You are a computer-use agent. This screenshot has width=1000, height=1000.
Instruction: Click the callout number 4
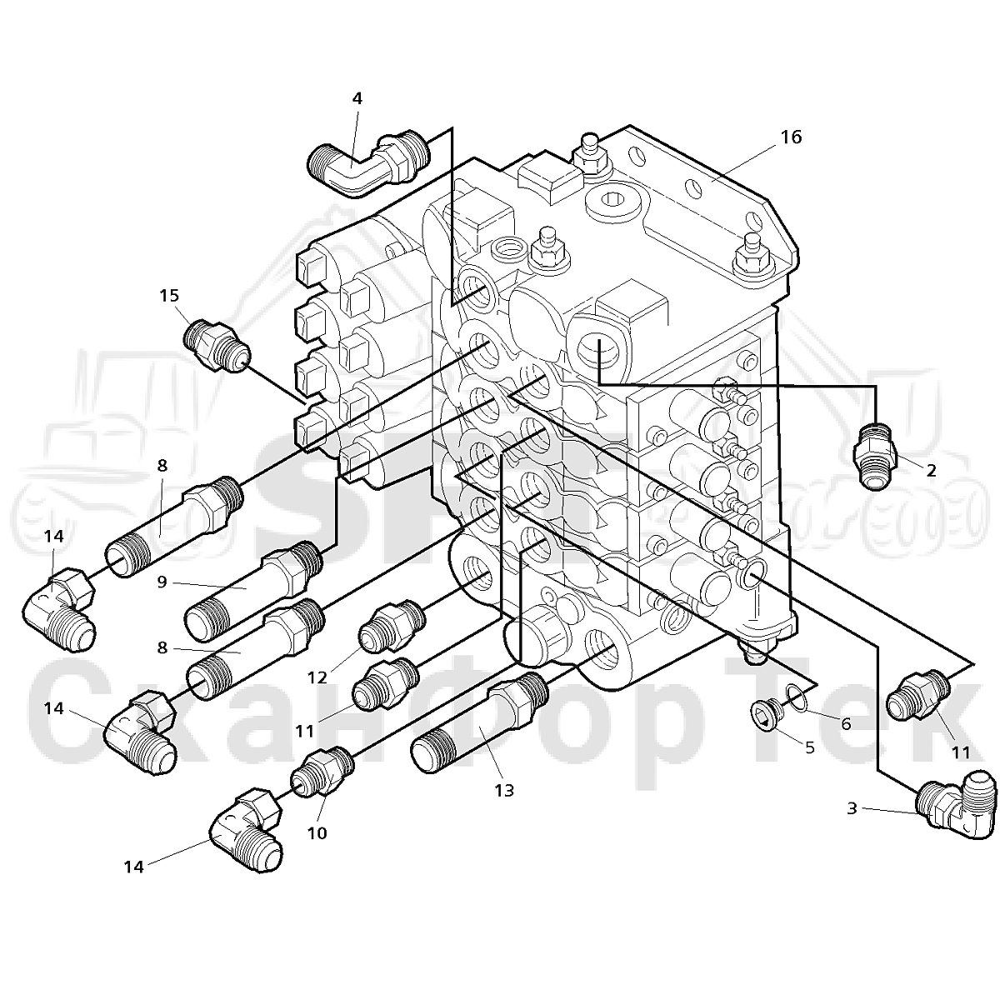[x=357, y=98]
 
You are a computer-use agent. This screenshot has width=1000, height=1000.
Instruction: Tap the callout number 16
[x=792, y=137]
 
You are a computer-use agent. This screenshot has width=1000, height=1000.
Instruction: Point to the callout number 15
[x=169, y=296]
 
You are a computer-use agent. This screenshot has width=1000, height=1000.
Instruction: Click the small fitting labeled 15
[x=217, y=346]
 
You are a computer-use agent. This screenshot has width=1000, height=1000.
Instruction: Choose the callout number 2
[x=931, y=471]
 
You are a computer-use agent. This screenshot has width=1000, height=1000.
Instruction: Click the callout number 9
[x=162, y=582]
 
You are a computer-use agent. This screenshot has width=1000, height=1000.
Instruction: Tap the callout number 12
[x=317, y=677]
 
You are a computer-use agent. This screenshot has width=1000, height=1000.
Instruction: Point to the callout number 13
[x=504, y=790]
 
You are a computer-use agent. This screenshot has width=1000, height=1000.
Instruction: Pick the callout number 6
[x=846, y=723]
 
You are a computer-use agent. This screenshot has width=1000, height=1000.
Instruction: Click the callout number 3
[x=852, y=808]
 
